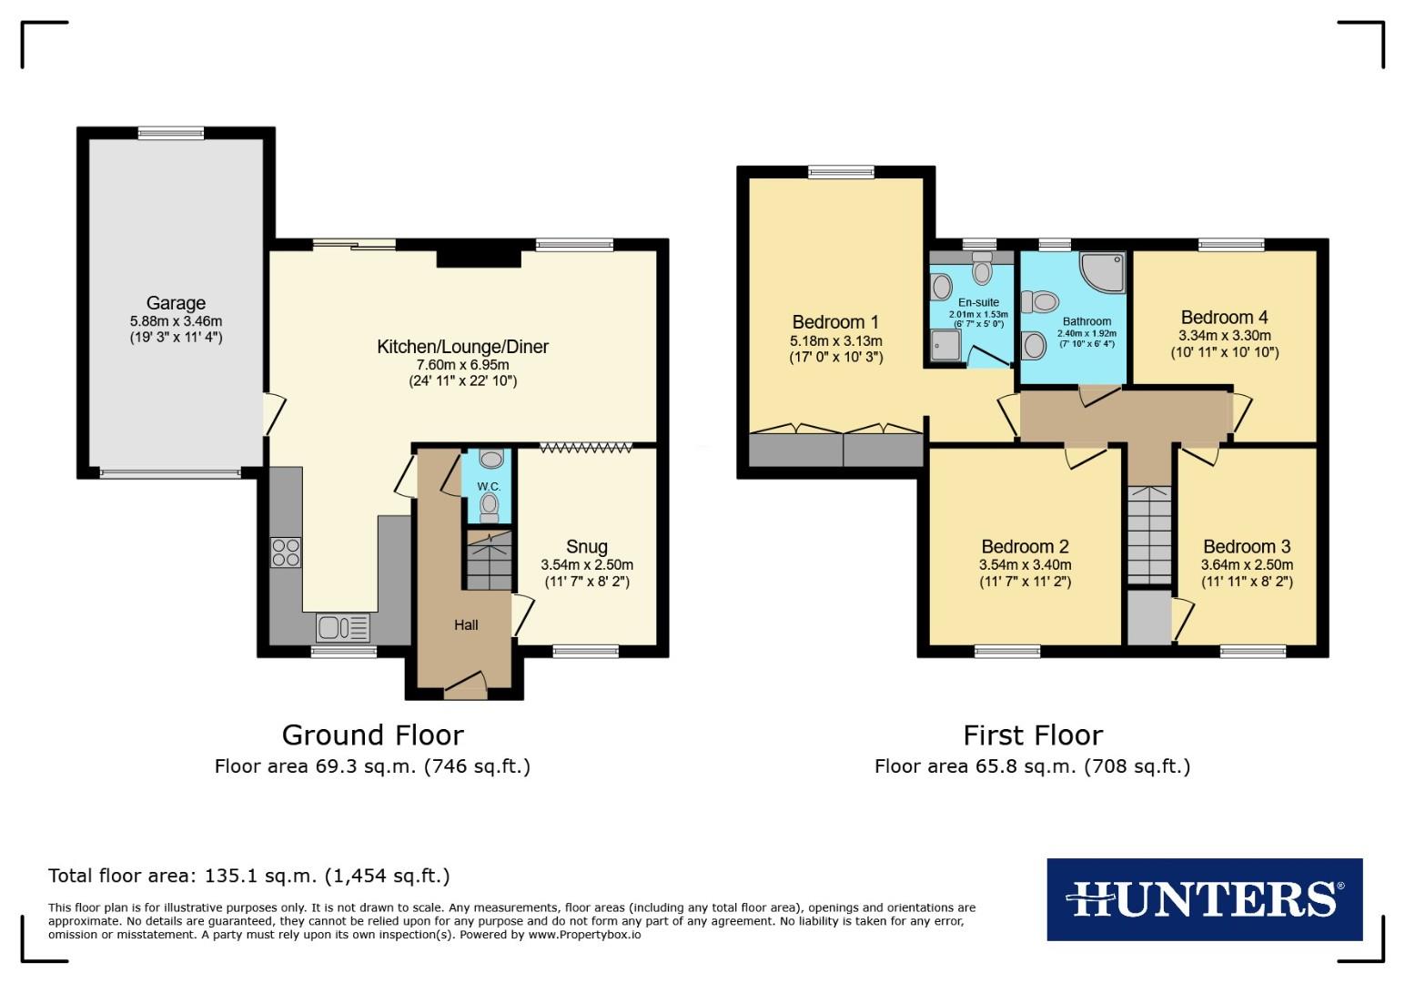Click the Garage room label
tap(176, 303)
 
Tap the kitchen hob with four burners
tap(286, 552)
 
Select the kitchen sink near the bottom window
tap(342, 628)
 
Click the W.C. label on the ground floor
tap(489, 487)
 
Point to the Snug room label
tap(586, 546)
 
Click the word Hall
tap(466, 624)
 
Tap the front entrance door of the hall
tap(465, 684)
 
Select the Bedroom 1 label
tap(835, 322)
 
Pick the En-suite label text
tap(978, 302)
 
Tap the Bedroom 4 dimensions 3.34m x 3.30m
tap(1224, 335)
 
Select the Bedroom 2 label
tap(1025, 546)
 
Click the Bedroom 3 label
tap(1247, 546)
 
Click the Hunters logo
tap(1204, 898)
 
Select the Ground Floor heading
tap(372, 735)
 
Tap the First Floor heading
tap(1033, 735)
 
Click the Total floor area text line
tap(248, 876)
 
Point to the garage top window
tap(171, 133)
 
